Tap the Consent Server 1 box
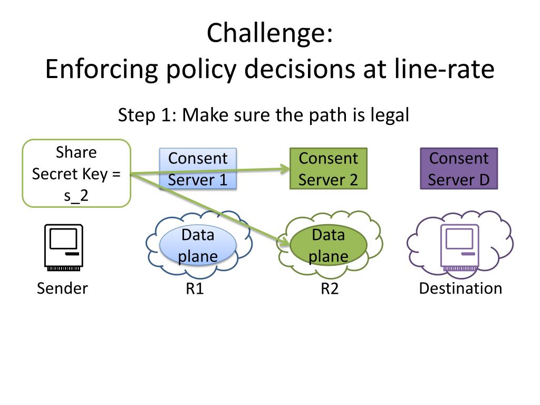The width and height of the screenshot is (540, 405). tap(198, 169)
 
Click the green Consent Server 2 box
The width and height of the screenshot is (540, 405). tap(329, 169)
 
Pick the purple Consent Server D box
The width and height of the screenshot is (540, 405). tap(459, 169)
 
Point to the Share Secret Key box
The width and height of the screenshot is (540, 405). tap(76, 173)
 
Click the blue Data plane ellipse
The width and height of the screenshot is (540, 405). tap(198, 245)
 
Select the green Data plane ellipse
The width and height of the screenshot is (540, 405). tap(329, 245)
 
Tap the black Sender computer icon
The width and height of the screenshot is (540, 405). tap(64, 247)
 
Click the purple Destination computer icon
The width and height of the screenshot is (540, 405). tap(460, 247)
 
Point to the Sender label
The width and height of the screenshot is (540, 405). tap(62, 288)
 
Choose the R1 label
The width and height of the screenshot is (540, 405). tap(195, 288)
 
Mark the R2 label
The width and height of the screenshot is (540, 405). tap(330, 288)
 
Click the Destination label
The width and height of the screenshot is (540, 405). tap(460, 288)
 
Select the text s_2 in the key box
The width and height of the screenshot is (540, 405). tap(76, 196)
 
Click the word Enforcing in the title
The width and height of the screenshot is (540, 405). tap(102, 69)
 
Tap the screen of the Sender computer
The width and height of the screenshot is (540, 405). tap(63, 238)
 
